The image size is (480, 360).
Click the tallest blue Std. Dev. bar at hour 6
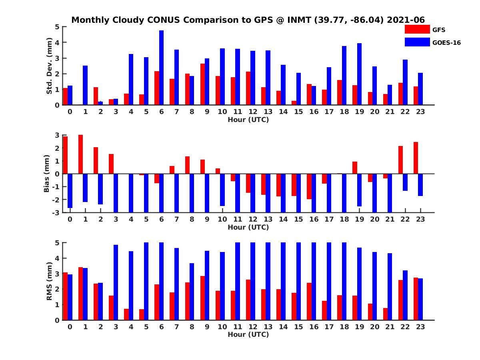(161, 68)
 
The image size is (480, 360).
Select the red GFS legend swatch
(417, 29)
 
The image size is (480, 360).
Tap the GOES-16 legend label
(446, 43)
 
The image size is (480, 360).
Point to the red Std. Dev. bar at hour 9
(202, 84)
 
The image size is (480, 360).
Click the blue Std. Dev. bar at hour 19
(359, 74)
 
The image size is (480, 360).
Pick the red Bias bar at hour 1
(80, 154)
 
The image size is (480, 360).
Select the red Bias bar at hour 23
(416, 158)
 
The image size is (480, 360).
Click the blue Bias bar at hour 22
(405, 182)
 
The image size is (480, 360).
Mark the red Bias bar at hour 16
(309, 186)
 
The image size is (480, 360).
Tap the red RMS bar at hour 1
(80, 294)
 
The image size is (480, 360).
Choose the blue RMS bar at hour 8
(192, 292)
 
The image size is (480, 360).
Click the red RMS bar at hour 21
(385, 314)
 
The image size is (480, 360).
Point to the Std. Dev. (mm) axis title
(49, 66)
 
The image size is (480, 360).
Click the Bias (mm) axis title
(46, 174)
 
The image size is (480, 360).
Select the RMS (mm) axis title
(49, 281)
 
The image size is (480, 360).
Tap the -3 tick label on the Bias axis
(56, 213)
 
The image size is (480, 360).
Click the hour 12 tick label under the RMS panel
(252, 327)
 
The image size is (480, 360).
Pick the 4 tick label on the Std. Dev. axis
(57, 42)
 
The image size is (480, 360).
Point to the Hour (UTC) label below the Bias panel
(248, 227)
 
